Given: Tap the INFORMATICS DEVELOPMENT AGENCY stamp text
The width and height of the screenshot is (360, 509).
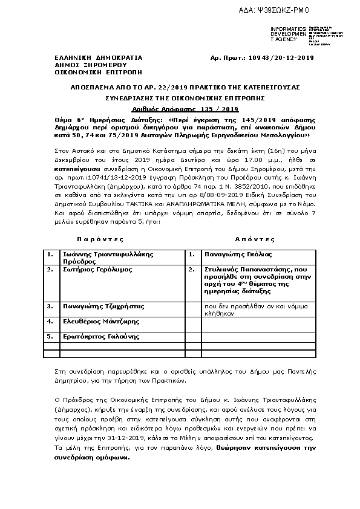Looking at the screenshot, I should point(284,34).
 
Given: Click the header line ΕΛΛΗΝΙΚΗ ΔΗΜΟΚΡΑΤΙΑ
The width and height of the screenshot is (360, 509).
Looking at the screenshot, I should point(90,58).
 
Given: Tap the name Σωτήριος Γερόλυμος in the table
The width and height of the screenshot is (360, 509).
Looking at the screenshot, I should point(96,269).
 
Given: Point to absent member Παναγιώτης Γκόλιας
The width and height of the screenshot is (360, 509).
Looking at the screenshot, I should point(238,254).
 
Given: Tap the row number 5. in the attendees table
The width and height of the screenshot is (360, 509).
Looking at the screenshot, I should point(51,336).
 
